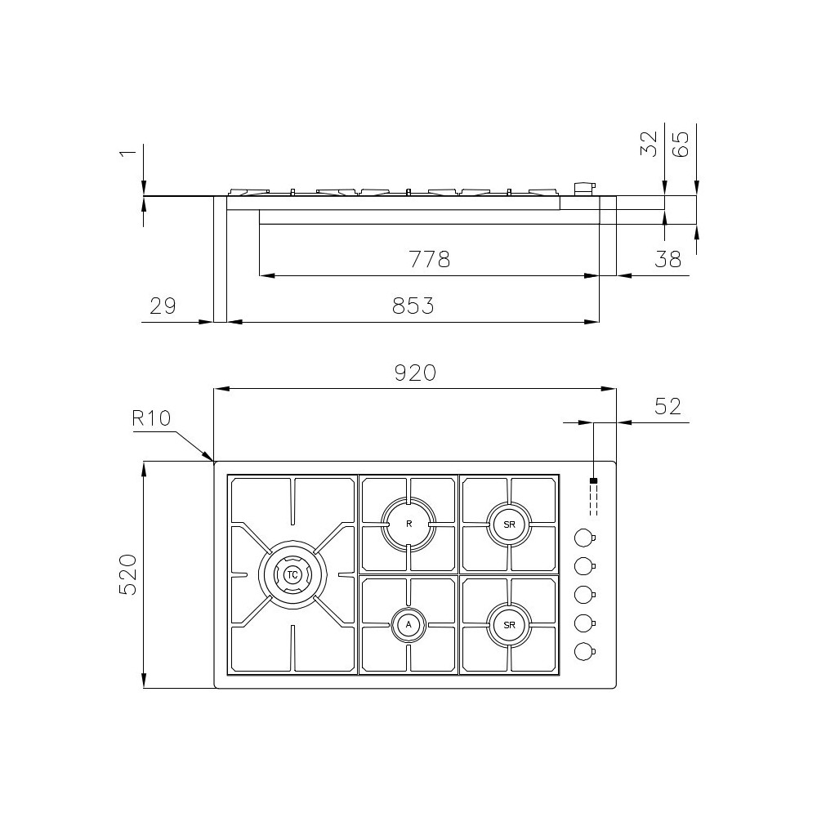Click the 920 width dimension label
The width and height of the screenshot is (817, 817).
[x=415, y=373]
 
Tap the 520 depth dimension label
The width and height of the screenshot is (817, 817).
[x=128, y=574]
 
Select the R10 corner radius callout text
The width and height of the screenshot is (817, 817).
[x=151, y=417]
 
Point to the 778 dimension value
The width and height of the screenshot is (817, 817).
[x=429, y=259]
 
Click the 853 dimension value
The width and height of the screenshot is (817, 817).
[x=413, y=306]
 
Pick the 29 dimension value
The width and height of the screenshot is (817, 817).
[x=163, y=306]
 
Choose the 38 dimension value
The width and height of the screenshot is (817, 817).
[x=667, y=259]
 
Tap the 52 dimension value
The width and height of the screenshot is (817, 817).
[x=667, y=406]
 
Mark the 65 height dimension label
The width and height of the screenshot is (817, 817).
[x=681, y=144]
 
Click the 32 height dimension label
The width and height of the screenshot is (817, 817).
[x=649, y=144]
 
